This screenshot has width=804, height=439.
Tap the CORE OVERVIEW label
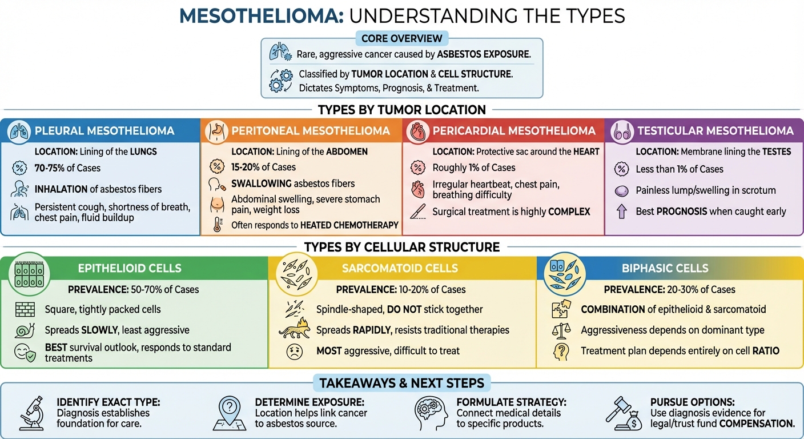402,38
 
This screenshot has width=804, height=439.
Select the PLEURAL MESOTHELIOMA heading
104,131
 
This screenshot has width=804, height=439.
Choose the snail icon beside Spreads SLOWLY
25,330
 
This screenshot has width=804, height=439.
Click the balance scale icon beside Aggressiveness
561,330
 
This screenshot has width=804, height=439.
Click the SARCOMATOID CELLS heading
400,268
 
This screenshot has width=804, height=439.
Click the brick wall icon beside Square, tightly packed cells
25,309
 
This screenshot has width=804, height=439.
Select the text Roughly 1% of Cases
473,168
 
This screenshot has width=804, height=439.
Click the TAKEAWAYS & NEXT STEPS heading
401,383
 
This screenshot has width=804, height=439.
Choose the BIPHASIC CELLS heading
665,268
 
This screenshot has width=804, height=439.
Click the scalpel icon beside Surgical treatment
418,211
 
